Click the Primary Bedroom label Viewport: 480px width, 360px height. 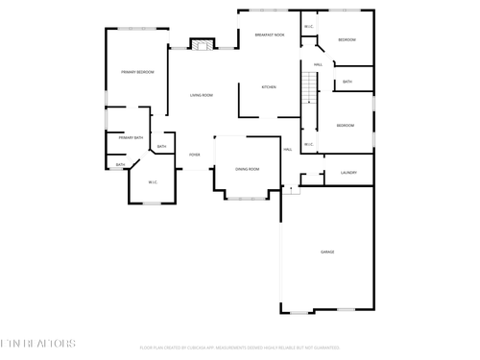pyautogui.click(x=137, y=72)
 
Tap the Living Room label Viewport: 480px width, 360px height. pyautogui.click(x=201, y=95)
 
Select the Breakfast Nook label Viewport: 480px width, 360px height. pyautogui.click(x=270, y=35)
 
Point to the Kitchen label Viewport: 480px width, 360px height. pyautogui.click(x=270, y=87)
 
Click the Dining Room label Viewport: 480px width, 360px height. pyautogui.click(x=248, y=169)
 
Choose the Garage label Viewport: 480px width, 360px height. pyautogui.click(x=327, y=252)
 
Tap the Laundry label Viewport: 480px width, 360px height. pyautogui.click(x=348, y=173)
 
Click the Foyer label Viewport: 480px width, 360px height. pyautogui.click(x=194, y=154)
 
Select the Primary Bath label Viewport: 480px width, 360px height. pyautogui.click(x=132, y=138)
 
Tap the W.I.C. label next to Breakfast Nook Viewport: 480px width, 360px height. pyautogui.click(x=308, y=26)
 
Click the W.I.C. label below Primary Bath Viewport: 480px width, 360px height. pyautogui.click(x=152, y=182)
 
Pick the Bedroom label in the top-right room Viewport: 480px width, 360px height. pyautogui.click(x=347, y=39)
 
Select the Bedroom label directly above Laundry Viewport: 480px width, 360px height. pyautogui.click(x=345, y=126)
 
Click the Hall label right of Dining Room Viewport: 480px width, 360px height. pyautogui.click(x=287, y=150)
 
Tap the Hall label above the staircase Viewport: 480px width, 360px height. pyautogui.click(x=317, y=64)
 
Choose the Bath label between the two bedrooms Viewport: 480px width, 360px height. pyautogui.click(x=348, y=83)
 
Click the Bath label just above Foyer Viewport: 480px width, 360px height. pyautogui.click(x=161, y=146)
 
